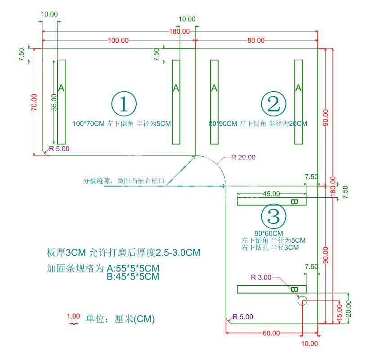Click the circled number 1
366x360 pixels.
[124, 104]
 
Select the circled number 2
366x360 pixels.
[273, 104]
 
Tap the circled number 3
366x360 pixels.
[273, 216]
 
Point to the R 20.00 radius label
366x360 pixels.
[243, 157]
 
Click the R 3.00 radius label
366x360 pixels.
[261, 277]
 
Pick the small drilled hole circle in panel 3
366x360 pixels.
[302, 301]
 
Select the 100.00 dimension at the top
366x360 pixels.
[118, 40]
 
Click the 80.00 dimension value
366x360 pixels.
[256, 40]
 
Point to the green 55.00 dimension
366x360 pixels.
[54, 102]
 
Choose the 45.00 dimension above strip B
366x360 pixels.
[271, 194]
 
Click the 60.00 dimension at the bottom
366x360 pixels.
[271, 333]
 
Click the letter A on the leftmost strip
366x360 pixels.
[61, 88]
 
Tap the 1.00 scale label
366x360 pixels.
[73, 316]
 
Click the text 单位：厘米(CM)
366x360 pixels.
[120, 319]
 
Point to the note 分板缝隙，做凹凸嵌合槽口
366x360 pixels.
[124, 181]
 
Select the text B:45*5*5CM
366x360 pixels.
[133, 277]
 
